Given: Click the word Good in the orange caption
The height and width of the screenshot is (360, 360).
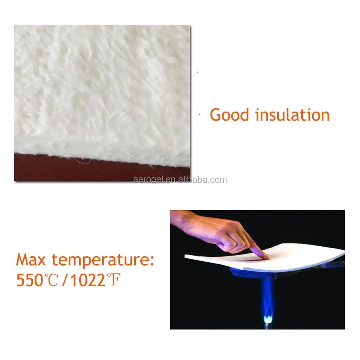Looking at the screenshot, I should coord(229,115).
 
